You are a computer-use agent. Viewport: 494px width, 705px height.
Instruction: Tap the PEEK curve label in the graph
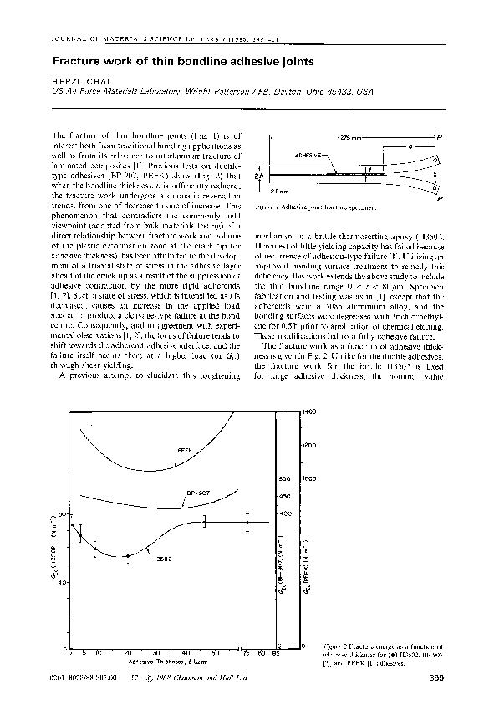click(186, 450)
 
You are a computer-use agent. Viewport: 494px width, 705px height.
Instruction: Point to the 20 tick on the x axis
click(127, 652)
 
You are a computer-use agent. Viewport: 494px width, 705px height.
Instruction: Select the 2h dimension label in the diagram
click(262, 176)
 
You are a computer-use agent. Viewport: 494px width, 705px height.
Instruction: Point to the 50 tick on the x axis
click(215, 652)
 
